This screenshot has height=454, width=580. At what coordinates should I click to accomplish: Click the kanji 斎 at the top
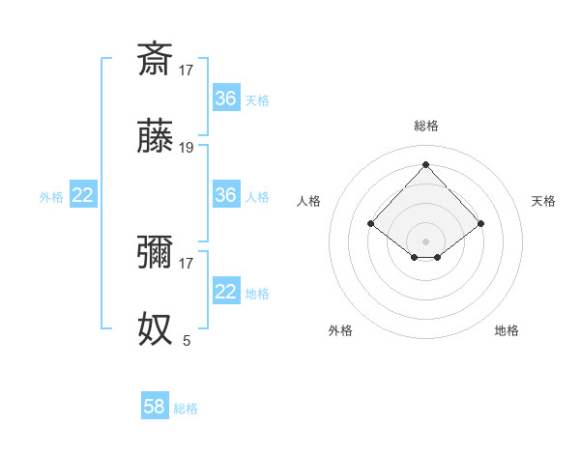tap(155, 59)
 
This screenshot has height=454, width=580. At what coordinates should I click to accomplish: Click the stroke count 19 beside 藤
tap(187, 148)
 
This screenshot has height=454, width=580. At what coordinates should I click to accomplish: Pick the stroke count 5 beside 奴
tap(187, 340)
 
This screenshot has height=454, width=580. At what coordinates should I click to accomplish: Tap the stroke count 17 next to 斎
tap(187, 70)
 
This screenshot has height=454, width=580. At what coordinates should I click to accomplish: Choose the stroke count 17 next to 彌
tap(187, 263)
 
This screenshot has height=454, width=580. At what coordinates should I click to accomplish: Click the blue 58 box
tap(155, 407)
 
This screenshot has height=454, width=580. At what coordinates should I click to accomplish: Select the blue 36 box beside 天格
tap(225, 99)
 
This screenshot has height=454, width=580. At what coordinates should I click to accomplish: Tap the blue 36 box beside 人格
tap(225, 195)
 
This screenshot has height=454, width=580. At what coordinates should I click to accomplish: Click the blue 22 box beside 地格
tap(225, 292)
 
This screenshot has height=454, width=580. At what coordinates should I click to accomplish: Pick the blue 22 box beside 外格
tap(83, 195)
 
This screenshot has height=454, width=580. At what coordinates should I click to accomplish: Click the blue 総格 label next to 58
tap(186, 409)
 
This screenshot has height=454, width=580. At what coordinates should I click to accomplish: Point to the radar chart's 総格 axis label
tap(425, 126)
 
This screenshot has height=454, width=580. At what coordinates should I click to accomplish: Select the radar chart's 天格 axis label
tap(544, 201)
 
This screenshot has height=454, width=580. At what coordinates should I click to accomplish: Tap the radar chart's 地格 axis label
tap(507, 330)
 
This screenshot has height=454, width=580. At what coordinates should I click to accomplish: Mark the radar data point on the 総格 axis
tap(425, 163)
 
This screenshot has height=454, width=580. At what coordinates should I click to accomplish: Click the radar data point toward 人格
tap(370, 223)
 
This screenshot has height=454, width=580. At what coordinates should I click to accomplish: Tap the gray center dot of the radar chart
tap(425, 241)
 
